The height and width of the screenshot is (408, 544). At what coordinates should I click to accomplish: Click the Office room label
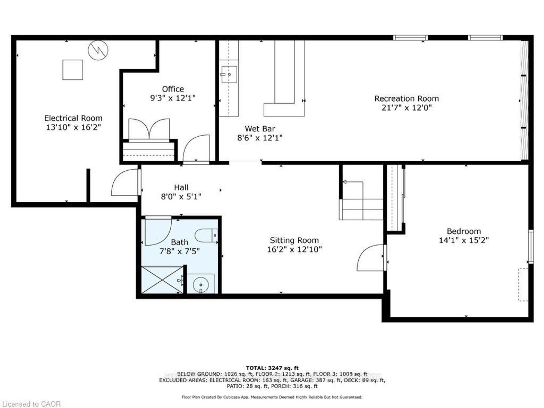(x=173, y=89)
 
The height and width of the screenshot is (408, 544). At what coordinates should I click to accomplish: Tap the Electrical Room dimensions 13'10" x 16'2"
(x=74, y=127)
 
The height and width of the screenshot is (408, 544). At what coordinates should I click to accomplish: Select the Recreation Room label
(x=406, y=98)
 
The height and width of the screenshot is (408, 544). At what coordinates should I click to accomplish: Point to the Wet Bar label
(x=260, y=129)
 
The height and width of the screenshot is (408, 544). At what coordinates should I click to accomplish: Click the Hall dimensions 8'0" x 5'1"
(x=181, y=197)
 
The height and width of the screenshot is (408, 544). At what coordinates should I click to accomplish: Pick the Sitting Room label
(x=294, y=240)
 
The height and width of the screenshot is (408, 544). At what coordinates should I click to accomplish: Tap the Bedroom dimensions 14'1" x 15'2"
(x=464, y=240)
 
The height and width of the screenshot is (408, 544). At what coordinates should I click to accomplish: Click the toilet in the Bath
(x=206, y=235)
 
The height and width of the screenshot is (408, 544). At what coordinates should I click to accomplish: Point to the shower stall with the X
(x=162, y=280)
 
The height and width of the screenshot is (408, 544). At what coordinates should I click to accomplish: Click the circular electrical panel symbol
(x=98, y=50)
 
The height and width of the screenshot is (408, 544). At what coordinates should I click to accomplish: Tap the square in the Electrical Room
(x=73, y=70)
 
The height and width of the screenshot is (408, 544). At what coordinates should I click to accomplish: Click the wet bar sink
(x=229, y=74)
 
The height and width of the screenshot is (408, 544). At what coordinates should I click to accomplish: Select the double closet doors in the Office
(x=149, y=129)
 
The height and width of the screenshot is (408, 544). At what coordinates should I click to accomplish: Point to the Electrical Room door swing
(x=124, y=182)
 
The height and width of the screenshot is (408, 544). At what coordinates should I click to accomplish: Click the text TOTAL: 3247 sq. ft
(x=272, y=368)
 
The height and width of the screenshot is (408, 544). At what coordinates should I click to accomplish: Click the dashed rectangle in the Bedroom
(x=523, y=285)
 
